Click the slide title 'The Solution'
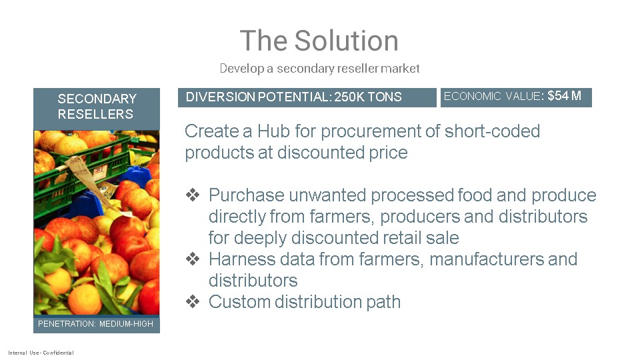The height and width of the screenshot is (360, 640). (x=319, y=41)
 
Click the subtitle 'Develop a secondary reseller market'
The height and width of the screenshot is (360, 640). (x=319, y=68)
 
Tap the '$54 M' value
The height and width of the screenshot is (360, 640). (x=564, y=96)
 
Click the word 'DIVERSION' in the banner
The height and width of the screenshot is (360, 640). (x=221, y=97)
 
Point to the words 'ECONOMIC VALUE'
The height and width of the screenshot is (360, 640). (x=492, y=96)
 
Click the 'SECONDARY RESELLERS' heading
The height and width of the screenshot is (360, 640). (x=96, y=106)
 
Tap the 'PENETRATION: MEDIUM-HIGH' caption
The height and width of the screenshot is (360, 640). (x=95, y=324)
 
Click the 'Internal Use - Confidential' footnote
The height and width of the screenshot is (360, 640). (x=41, y=353)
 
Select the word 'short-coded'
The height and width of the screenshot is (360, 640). (x=492, y=131)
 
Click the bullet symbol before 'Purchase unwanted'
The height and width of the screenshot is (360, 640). (x=193, y=195)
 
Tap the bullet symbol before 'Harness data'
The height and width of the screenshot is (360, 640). (x=193, y=259)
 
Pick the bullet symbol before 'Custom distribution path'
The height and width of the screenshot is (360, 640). (x=193, y=301)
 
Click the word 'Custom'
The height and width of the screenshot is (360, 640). (x=239, y=302)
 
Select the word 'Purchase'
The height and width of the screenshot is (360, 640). (x=246, y=195)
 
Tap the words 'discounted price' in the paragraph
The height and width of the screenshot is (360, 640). (x=342, y=153)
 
